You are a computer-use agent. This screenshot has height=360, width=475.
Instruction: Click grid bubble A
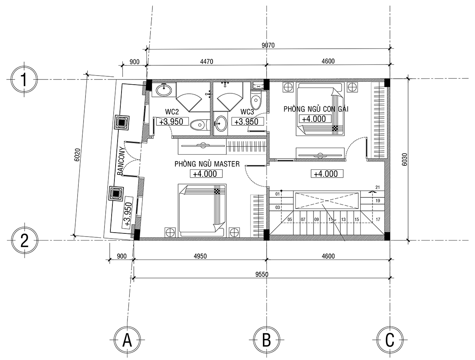[x=127, y=340]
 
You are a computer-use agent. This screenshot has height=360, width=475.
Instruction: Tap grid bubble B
[x=266, y=340]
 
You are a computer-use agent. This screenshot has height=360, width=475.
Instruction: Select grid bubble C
[x=390, y=340]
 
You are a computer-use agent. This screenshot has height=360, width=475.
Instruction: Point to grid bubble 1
[x=24, y=80]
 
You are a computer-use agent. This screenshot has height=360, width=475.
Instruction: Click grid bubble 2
[x=25, y=240]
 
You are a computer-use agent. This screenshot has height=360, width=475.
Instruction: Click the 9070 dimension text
[x=268, y=45]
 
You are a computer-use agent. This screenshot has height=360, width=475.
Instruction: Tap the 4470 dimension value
[x=207, y=62]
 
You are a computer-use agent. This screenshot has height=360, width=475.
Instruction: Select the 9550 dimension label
[x=262, y=275]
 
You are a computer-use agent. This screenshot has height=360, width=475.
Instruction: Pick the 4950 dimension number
[x=200, y=256]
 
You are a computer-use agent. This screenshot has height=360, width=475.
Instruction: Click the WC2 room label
[x=172, y=112]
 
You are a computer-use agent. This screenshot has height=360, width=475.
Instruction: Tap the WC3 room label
[x=247, y=112]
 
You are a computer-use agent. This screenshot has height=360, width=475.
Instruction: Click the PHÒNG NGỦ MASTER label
[x=207, y=164]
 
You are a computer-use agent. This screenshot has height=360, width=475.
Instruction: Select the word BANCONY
[x=120, y=161]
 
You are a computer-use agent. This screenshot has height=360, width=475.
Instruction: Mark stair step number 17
[x=378, y=220]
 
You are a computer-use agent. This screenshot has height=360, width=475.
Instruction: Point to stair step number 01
[x=277, y=194]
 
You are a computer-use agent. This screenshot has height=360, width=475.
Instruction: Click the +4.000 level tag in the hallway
[x=327, y=174]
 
